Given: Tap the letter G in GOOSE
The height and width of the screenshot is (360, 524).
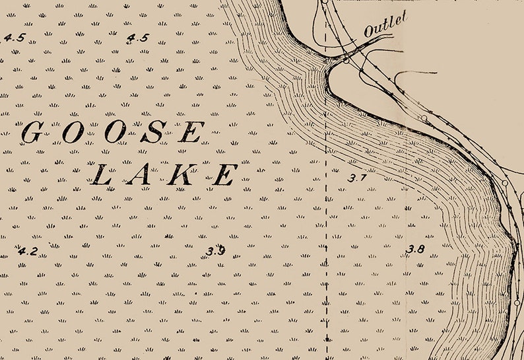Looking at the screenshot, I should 32,133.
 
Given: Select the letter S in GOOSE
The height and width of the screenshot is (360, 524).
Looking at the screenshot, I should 153,133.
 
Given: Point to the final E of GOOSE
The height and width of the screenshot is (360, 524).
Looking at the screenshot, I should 191,133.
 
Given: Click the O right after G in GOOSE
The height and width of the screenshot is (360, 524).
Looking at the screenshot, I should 73,133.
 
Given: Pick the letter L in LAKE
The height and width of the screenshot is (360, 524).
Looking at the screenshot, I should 101,175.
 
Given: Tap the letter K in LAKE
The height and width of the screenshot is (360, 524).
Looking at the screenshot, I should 182,175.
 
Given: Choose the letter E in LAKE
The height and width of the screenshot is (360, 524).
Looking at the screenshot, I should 224,175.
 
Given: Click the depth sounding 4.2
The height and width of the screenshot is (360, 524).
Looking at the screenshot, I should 28,251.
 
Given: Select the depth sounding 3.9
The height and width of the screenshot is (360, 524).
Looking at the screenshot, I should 215,251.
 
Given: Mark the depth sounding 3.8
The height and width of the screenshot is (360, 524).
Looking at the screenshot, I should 415,249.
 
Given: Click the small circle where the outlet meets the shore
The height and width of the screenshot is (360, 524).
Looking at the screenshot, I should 345,60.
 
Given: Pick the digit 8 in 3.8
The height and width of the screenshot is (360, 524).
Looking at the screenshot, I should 420,249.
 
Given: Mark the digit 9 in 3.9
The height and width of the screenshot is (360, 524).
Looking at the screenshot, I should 221,251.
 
